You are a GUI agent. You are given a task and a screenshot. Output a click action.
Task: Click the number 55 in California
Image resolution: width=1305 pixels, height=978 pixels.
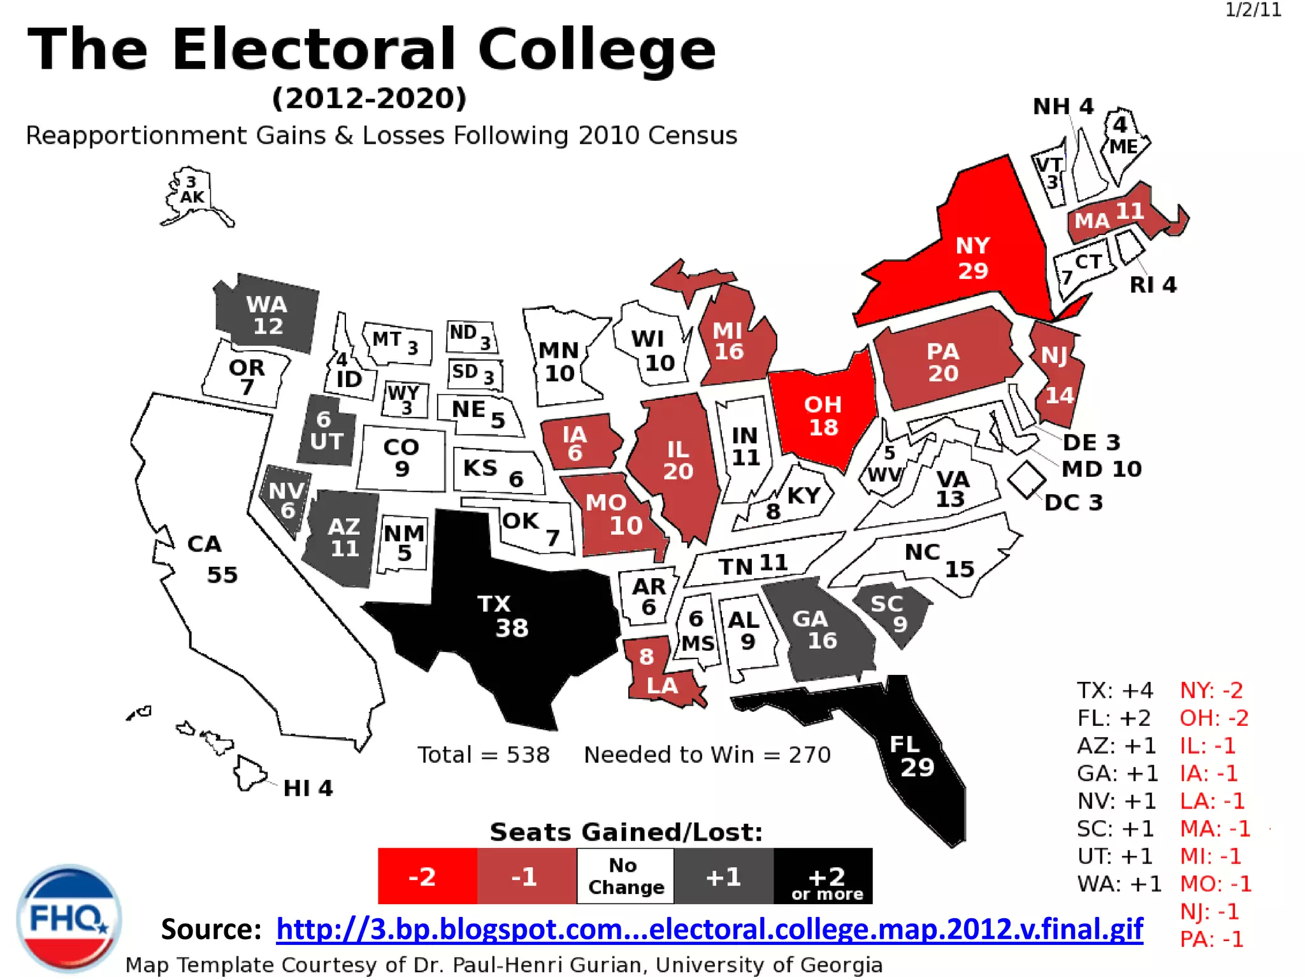(222, 575)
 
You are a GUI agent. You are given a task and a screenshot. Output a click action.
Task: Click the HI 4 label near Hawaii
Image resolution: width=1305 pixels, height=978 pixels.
(308, 788)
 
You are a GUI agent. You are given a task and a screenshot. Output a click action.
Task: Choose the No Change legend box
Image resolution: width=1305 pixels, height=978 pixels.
(626, 876)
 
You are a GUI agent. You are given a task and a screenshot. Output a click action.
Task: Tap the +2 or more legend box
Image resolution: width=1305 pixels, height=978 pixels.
(823, 876)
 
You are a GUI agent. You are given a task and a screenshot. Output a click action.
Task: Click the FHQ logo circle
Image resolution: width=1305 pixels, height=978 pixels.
(69, 917)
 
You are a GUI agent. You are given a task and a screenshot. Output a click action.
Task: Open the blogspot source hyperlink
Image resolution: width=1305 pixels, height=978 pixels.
(709, 929)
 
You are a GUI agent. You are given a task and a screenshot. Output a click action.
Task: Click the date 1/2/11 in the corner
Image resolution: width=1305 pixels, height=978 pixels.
(1253, 10)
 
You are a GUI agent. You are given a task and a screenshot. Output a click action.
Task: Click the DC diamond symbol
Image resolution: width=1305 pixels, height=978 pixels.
(1027, 479)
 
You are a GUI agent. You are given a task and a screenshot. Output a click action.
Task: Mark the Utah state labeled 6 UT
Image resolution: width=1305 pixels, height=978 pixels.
(326, 431)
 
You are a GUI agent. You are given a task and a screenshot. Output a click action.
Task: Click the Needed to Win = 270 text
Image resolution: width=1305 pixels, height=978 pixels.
(707, 755)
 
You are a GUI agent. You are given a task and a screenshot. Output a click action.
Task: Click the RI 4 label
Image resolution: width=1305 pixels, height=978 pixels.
(1153, 285)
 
